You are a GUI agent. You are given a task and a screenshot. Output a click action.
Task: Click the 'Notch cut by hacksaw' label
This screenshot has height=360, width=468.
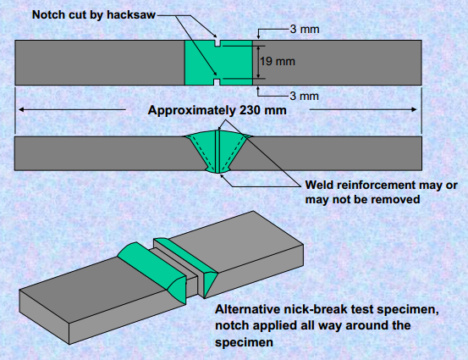click(94, 14)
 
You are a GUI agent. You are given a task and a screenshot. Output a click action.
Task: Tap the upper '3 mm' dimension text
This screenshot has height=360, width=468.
click(305, 30)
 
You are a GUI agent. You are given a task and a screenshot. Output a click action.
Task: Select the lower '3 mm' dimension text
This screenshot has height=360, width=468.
click(305, 96)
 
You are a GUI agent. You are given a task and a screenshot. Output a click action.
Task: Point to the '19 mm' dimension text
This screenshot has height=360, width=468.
click(278, 61)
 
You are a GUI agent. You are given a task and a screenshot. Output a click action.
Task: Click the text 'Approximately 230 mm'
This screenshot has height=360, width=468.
click(217, 110)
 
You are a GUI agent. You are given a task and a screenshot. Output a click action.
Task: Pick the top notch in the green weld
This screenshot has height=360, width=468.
click(217, 43)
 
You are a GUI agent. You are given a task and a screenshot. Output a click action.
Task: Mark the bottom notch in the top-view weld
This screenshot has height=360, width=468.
click(217, 82)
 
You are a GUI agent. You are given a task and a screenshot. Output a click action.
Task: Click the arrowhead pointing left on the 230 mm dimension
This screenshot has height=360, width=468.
click(21, 109)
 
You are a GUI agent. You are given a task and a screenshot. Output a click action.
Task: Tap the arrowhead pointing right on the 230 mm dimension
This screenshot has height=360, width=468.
click(414, 109)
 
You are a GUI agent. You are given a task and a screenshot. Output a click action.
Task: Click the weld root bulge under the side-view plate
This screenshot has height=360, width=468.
click(217, 171)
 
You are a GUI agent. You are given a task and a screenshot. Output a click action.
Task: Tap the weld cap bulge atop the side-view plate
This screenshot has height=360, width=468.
click(217, 133)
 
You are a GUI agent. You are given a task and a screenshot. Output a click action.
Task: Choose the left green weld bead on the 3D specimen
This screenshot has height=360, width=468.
click(152, 273)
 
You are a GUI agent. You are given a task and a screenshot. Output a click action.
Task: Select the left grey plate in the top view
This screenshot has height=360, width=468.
click(100, 63)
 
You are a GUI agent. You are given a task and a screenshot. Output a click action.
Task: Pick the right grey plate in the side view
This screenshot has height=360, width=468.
click(331, 153)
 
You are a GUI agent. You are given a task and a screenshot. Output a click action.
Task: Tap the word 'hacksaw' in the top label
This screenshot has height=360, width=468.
click(131, 14)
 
